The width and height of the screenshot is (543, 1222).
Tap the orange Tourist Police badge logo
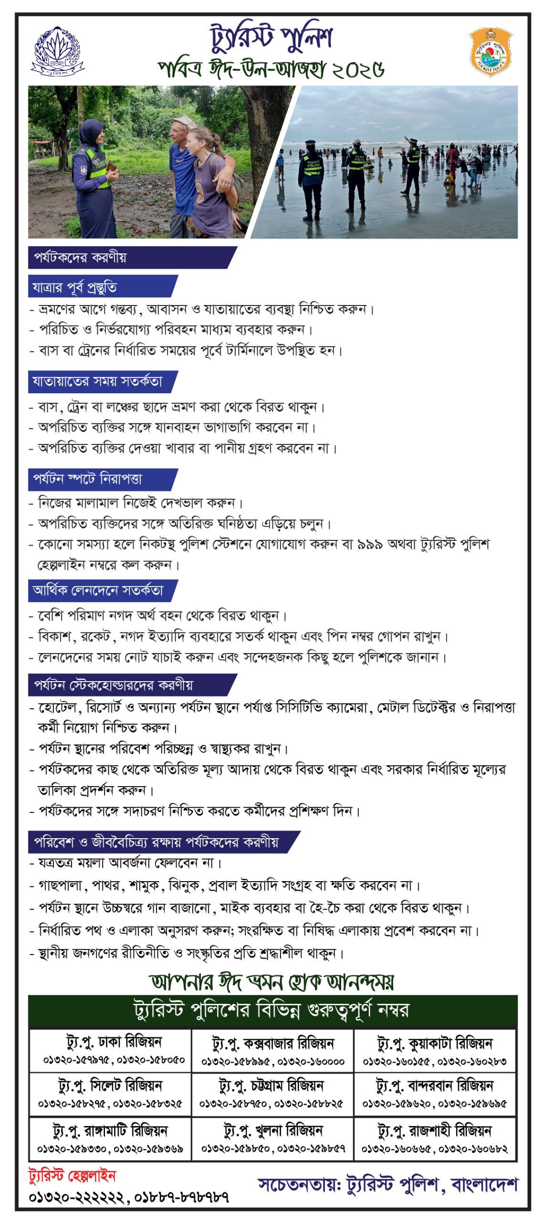click(x=490, y=52)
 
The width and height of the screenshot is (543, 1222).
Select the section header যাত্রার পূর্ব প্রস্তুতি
click(x=75, y=288)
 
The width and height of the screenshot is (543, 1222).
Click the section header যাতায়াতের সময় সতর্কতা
click(x=98, y=381)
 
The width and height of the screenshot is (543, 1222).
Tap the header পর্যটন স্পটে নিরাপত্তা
click(x=88, y=479)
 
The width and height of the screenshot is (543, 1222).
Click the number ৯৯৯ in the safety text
click(x=370, y=544)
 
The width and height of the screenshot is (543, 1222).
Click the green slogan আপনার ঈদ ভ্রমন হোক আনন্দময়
click(x=272, y=981)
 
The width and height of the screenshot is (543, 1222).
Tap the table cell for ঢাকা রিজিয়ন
click(x=114, y=1050)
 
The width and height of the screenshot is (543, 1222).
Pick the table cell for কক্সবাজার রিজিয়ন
click(x=272, y=1051)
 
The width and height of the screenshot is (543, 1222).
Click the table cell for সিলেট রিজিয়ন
click(x=110, y=1094)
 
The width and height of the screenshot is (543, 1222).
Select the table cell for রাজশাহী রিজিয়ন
click(x=434, y=1138)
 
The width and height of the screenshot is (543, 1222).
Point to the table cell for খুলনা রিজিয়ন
click(x=273, y=1138)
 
